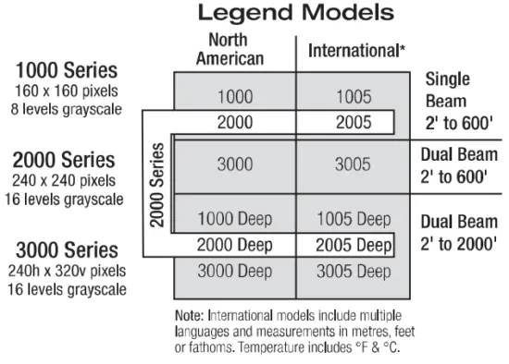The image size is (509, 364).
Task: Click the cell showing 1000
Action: [234, 95]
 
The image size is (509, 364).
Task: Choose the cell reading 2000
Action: [234, 122]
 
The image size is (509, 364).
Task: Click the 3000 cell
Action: [234, 164]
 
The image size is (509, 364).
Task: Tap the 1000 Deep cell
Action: [234, 219]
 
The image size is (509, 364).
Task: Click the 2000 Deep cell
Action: [234, 246]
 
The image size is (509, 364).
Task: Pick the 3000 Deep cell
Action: [234, 272]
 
